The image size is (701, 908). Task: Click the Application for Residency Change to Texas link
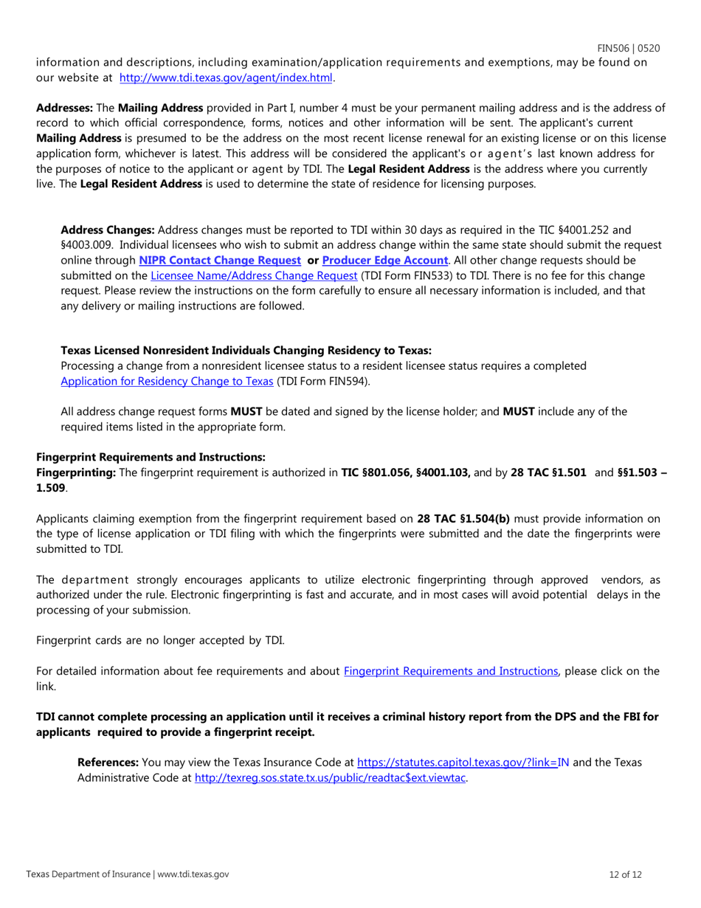167,382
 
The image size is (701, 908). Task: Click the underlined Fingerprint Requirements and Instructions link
451,671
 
